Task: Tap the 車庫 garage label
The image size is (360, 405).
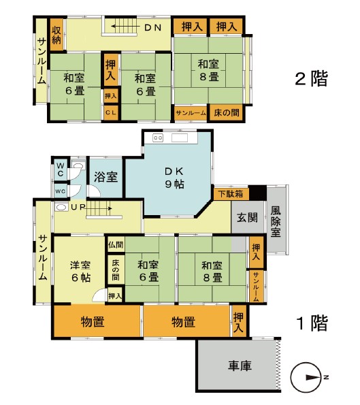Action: click(x=240, y=366)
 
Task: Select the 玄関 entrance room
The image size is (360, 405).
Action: click(x=247, y=217)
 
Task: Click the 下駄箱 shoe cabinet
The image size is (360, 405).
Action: click(x=231, y=194)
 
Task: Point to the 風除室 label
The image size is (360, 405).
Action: click(x=276, y=221)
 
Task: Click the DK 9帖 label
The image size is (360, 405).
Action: click(x=175, y=178)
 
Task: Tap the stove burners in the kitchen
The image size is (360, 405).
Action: click(x=158, y=138)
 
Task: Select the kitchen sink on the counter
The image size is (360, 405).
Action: click(x=180, y=138)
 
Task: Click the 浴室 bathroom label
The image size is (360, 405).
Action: click(x=105, y=177)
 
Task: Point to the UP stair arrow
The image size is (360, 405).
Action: click(x=99, y=208)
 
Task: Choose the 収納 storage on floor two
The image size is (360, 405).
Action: click(x=56, y=35)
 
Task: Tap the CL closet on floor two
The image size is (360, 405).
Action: click(x=111, y=113)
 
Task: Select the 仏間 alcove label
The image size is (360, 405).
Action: click(x=116, y=244)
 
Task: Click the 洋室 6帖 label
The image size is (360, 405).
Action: click(x=80, y=271)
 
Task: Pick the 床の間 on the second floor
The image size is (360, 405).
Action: click(x=226, y=112)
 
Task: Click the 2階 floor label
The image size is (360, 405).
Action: click(x=312, y=79)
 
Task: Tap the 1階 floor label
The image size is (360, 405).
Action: click(x=313, y=323)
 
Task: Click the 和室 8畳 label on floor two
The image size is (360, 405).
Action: click(x=208, y=70)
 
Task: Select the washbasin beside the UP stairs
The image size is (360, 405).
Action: click(x=61, y=207)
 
